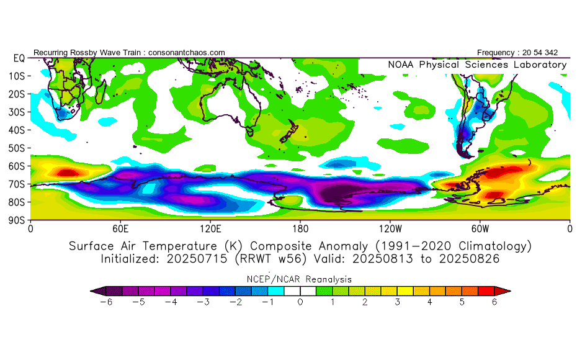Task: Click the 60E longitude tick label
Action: click(x=121, y=228)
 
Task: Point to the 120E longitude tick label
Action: click(x=211, y=228)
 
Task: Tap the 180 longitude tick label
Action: click(x=300, y=228)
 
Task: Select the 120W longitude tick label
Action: click(x=390, y=228)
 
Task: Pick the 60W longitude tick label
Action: click(x=480, y=228)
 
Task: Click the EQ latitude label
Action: click(x=19, y=58)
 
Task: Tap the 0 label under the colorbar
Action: click(x=300, y=302)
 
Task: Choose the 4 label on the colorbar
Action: click(x=430, y=302)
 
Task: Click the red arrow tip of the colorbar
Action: click(x=505, y=290)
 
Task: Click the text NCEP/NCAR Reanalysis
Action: click(x=300, y=279)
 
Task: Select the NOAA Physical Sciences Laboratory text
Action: click(x=477, y=65)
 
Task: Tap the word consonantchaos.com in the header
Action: click(x=187, y=53)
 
